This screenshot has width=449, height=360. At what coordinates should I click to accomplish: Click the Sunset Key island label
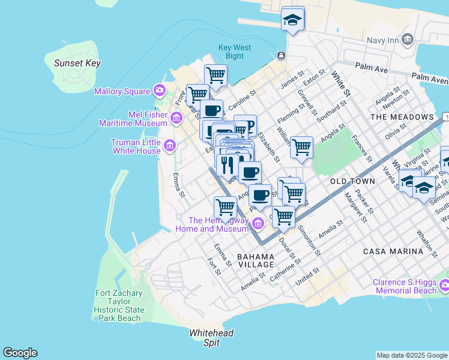tap(77, 63)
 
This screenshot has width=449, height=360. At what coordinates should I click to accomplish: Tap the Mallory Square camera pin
tap(160, 91)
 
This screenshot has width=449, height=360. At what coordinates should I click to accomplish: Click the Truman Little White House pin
tap(170, 145)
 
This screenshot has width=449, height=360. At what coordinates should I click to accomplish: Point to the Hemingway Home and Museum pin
tap(258, 224)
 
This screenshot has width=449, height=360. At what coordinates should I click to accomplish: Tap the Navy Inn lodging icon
tap(408, 40)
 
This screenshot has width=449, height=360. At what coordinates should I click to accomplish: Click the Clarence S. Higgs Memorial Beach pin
tap(444, 284)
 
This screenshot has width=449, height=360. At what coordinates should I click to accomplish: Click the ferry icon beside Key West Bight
tap(281, 56)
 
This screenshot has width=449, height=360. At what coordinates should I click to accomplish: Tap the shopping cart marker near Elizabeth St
tap(301, 146)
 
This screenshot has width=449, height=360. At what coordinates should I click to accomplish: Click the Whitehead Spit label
tap(211, 338)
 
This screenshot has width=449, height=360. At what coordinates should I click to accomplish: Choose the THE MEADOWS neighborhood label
tap(402, 116)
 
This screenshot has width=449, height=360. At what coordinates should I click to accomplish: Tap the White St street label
tap(340, 85)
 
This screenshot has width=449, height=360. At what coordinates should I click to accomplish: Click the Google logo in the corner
tap(20, 353)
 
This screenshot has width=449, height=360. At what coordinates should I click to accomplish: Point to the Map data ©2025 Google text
tap(411, 355)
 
